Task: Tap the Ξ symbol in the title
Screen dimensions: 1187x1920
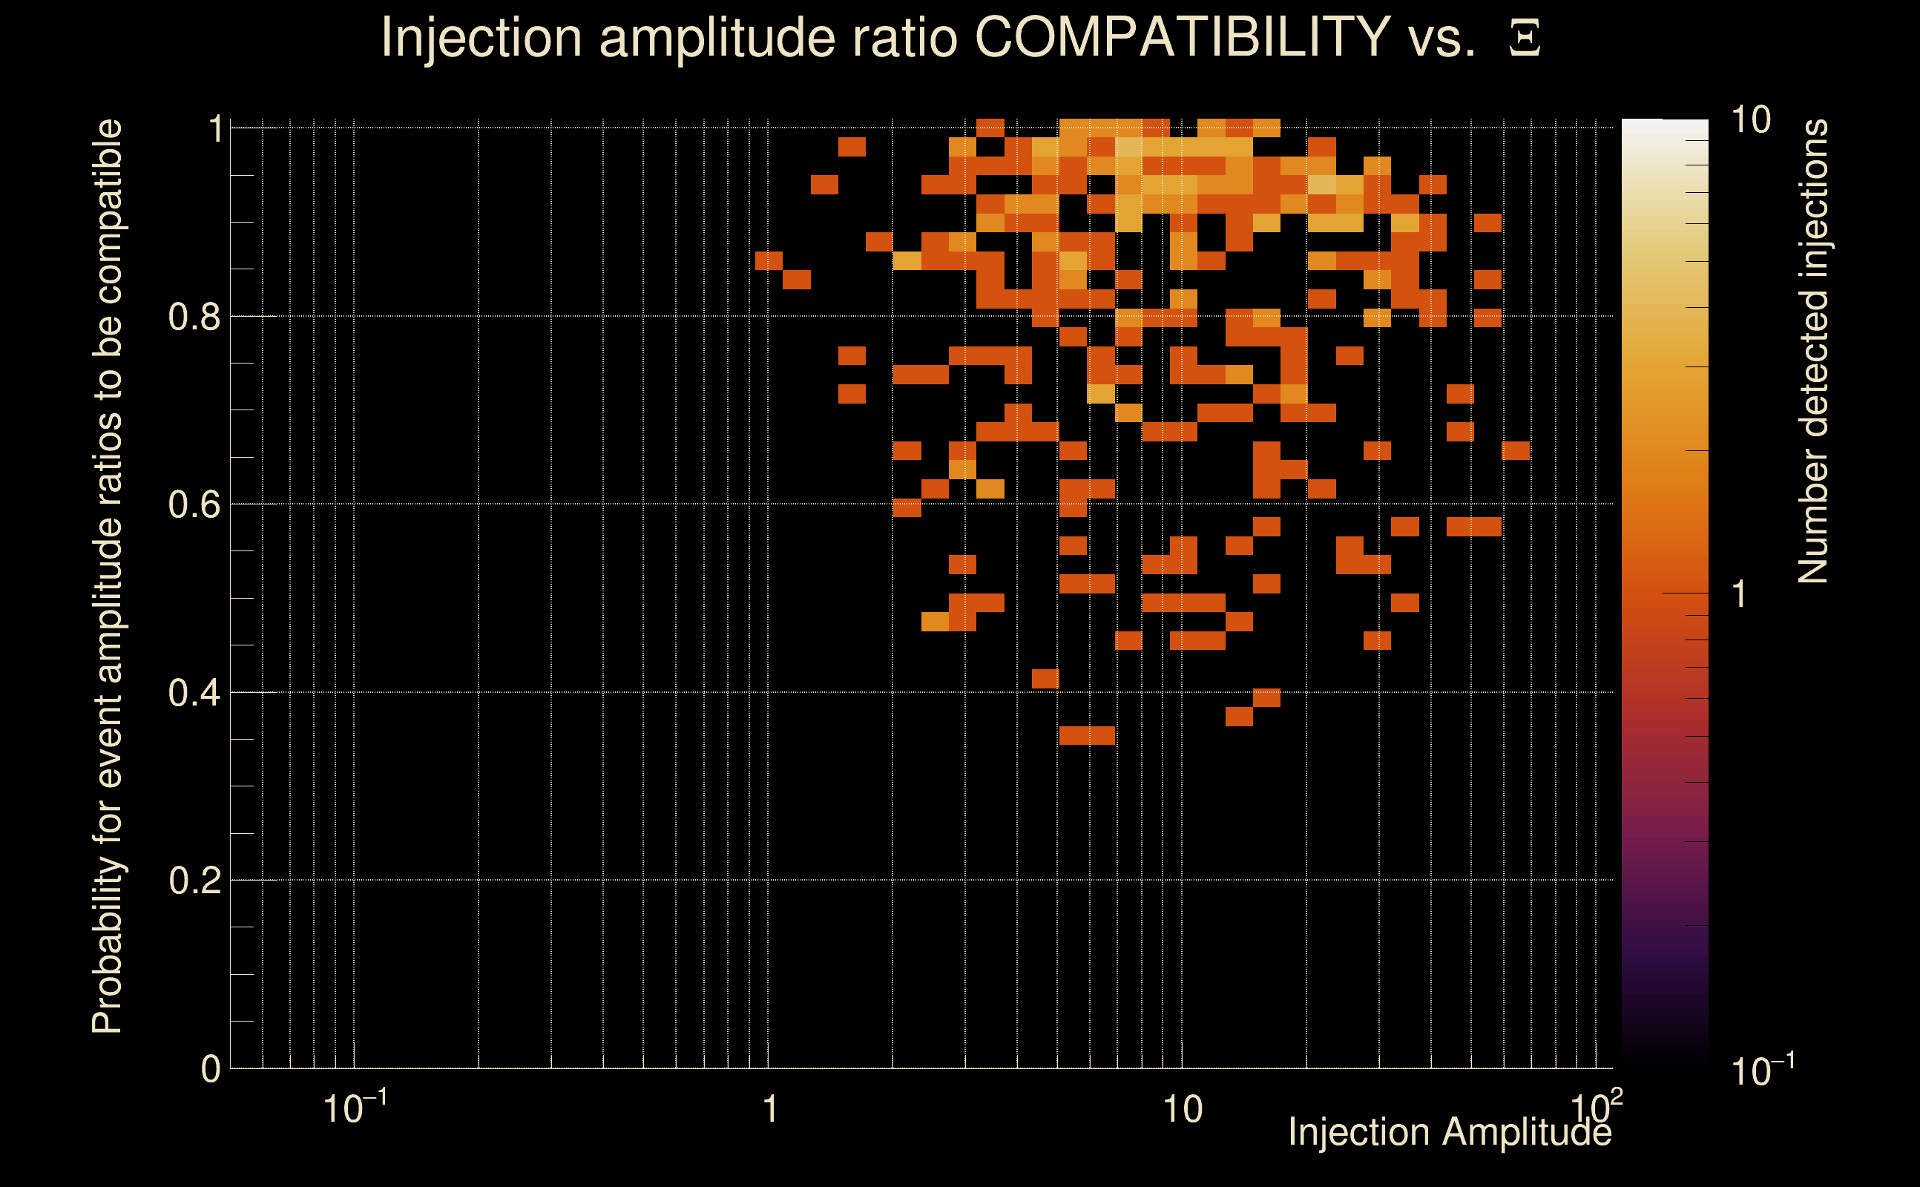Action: coord(1525,38)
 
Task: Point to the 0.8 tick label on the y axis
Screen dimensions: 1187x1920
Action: coord(194,318)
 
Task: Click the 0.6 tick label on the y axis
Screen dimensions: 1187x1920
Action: coord(194,504)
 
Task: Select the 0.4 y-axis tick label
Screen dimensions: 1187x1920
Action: coord(194,693)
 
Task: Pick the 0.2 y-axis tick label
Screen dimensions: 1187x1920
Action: coord(194,881)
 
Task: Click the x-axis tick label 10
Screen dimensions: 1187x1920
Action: coord(1182,1110)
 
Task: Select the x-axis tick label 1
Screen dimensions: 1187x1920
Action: coord(770,1110)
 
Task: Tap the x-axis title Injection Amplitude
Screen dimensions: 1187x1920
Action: coord(1450,1132)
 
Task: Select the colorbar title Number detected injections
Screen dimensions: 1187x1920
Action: coord(1813,351)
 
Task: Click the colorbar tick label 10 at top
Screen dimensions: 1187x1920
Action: coord(1750,121)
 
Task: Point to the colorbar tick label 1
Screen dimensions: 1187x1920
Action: coord(1740,594)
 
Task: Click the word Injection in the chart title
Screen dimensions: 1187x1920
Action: coord(481,37)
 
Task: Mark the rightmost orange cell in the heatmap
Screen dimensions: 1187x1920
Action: coord(1516,450)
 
